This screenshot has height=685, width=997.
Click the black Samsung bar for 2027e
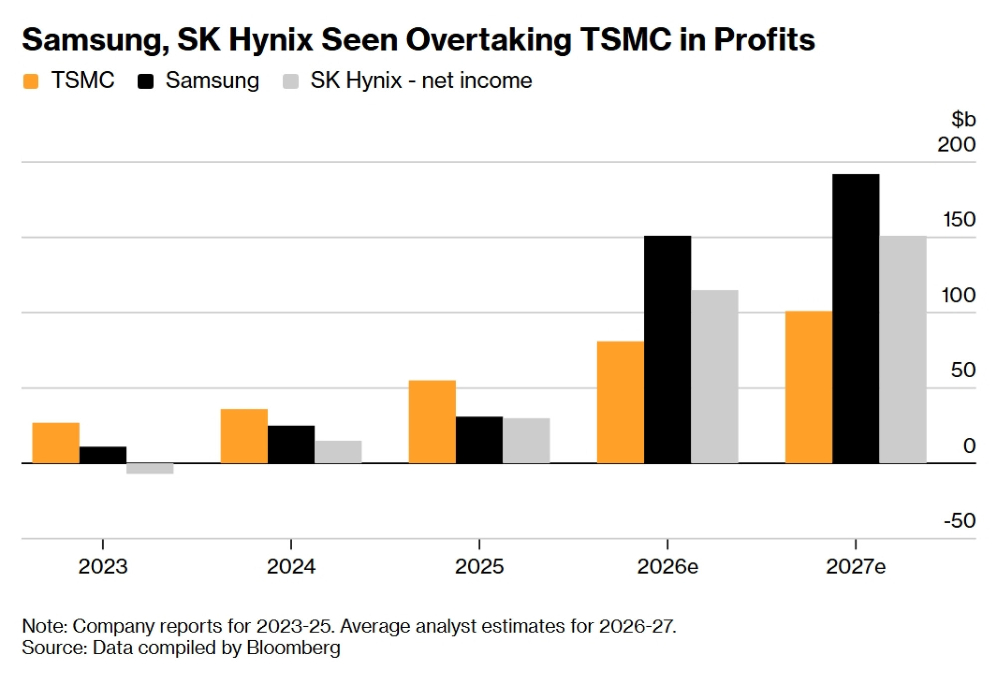855,319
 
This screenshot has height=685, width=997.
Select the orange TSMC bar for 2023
56,443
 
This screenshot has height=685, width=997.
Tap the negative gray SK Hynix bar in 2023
150,468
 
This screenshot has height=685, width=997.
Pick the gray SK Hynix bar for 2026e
714,377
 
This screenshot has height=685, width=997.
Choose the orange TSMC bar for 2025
432,422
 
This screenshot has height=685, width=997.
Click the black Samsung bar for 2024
291,444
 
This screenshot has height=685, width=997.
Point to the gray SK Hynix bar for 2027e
903,350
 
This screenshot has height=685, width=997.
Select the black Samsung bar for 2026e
667,350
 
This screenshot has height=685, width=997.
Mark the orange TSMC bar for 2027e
809,387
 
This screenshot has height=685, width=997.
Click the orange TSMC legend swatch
31,81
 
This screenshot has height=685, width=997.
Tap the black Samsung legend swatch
146,81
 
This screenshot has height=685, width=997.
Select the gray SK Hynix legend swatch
291,81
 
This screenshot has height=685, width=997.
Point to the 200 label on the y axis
956,144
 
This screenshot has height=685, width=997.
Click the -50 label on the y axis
959,521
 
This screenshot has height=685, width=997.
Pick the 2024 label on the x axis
291,566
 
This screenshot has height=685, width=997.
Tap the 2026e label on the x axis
667,566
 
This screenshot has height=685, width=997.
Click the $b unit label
963,119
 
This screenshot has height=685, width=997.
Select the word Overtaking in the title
489,39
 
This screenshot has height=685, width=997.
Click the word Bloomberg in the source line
293,648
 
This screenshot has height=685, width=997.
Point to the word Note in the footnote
44,626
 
